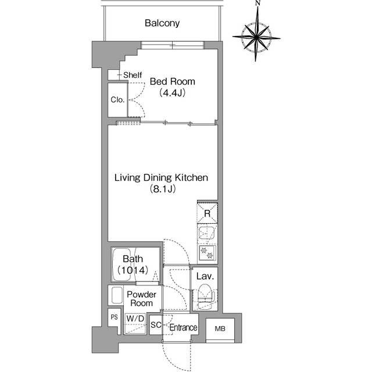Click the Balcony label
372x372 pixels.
coord(162,23)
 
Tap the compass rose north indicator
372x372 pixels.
coord(257,3)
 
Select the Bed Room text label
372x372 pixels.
coord(173,81)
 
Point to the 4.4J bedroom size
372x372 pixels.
coord(173,93)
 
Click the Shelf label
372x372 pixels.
coord(133,75)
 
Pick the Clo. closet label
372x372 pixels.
coord(117,99)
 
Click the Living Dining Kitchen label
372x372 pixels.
coord(162,178)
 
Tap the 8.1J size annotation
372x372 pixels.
coord(163,189)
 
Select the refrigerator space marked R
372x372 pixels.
coord(208,213)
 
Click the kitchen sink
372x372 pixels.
coord(207,233)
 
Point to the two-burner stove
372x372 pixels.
coord(208,253)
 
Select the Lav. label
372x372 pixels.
coord(205,277)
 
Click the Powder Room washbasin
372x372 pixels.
coord(116,295)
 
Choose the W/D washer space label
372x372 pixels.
coord(135,319)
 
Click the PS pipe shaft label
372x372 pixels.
coord(115,317)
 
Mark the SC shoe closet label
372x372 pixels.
coord(156,325)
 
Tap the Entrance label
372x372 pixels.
coord(184,328)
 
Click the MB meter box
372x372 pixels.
coord(220,329)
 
